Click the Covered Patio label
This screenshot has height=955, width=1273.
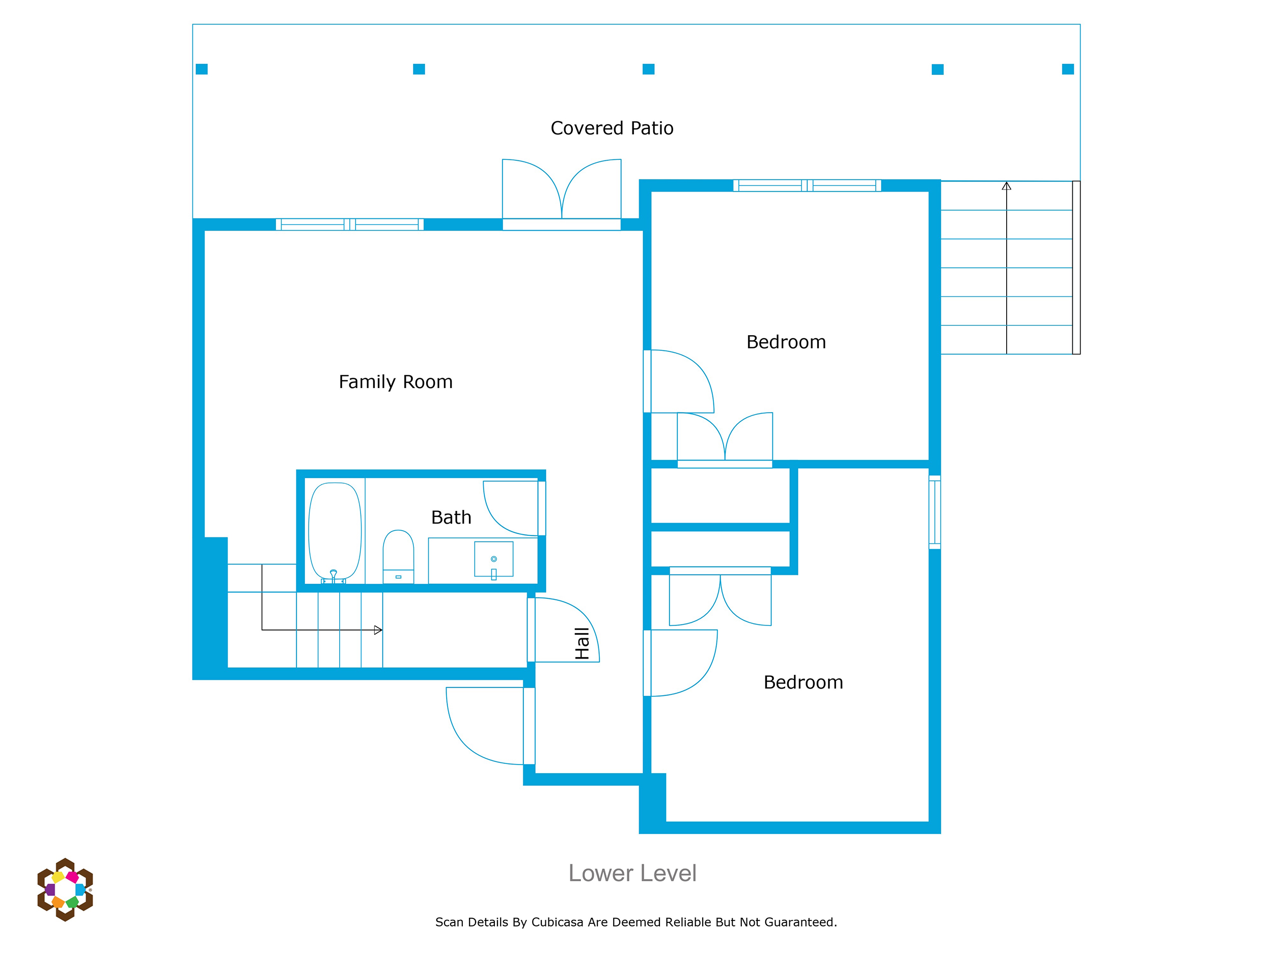click(x=612, y=128)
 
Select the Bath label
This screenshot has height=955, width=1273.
click(x=451, y=517)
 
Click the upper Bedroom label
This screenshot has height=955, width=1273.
click(x=786, y=342)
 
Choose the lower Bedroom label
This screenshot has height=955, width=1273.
click(x=804, y=682)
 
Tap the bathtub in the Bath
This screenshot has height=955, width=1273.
click(x=335, y=531)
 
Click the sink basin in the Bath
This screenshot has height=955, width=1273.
click(x=494, y=559)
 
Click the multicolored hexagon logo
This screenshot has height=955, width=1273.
click(x=65, y=890)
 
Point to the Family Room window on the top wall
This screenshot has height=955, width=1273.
click(x=350, y=225)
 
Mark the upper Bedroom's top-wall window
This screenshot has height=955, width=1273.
click(x=808, y=185)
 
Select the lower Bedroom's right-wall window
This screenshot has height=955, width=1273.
click(x=934, y=512)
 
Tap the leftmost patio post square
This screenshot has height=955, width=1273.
click(x=202, y=69)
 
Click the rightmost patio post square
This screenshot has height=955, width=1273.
click(x=1068, y=69)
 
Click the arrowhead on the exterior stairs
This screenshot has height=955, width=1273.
click(x=1007, y=186)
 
